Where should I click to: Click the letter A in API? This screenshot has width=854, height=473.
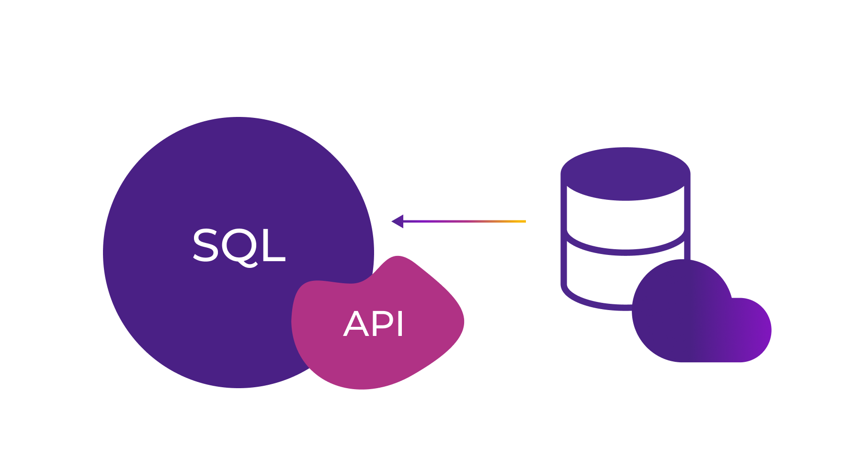coord(355,324)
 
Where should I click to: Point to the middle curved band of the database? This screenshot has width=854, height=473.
coord(625,250)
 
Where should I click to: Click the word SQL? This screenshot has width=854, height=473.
coord(239,246)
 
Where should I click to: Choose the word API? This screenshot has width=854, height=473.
coord(374,324)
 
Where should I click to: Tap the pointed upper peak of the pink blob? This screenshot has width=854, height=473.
coord(398,259)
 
